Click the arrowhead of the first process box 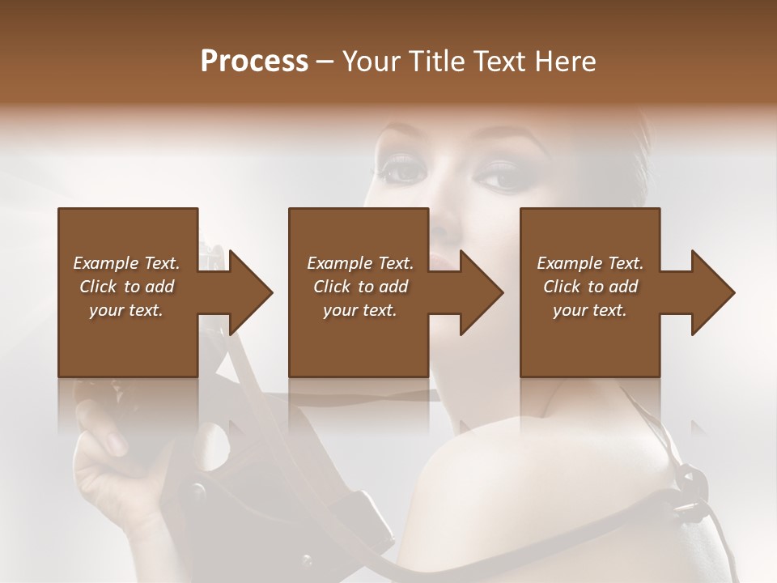point(251,292)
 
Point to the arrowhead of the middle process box point(482,292)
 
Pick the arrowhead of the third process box point(713,292)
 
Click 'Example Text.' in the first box point(126,263)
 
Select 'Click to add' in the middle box point(360,287)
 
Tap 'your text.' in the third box point(590,310)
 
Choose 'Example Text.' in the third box point(590,263)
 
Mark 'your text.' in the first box point(126,310)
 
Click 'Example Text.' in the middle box point(360,263)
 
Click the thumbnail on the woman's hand point(114,441)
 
